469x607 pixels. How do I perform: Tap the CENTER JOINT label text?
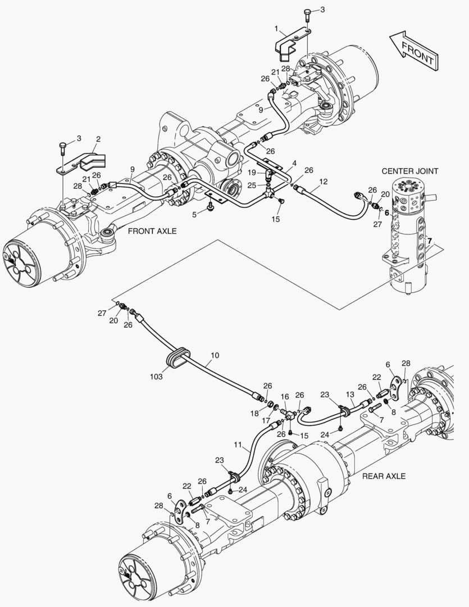point(409,171)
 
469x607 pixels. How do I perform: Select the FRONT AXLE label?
point(152,231)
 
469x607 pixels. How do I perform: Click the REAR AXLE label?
point(384,476)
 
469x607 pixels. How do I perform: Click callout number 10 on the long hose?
point(215,356)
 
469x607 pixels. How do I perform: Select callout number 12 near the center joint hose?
point(323,182)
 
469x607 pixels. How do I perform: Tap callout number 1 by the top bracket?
point(276,28)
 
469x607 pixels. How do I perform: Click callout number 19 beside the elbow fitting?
point(252,172)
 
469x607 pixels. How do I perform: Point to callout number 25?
point(252,185)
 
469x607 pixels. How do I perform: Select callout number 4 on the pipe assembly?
point(294,164)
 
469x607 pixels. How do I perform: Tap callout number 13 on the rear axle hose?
point(350,395)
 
